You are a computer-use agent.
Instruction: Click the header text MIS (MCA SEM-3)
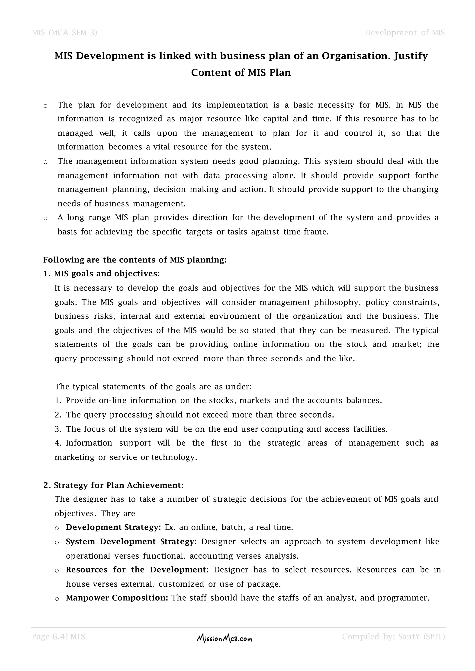tap(64, 32)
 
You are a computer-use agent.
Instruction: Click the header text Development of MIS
tap(404, 32)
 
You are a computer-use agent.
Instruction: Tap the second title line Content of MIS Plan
tap(241, 73)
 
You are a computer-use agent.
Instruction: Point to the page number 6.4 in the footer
tap(58, 637)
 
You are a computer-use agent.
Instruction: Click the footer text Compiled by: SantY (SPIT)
tap(393, 637)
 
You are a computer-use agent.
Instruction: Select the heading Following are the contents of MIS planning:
tap(135, 260)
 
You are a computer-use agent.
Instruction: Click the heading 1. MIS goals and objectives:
tap(102, 274)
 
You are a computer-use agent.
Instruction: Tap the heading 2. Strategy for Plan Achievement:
tap(113, 485)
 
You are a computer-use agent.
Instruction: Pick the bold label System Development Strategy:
tap(131, 541)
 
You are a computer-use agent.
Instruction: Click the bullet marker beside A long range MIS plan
tap(45, 218)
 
